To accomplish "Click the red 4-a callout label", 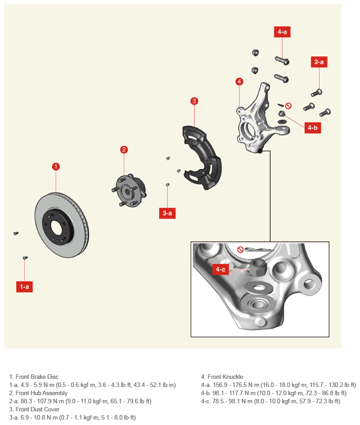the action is click(x=282, y=32).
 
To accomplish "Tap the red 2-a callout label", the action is click(x=319, y=62).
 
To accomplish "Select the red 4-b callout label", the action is click(x=312, y=128).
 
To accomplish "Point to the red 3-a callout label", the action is click(x=167, y=213).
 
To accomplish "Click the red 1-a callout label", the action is click(x=24, y=287).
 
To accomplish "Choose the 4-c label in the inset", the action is click(x=221, y=269).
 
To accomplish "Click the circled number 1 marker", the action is click(x=56, y=167).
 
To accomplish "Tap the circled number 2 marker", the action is click(x=124, y=150).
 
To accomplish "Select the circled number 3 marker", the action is click(x=194, y=101).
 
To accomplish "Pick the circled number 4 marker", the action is click(x=239, y=81).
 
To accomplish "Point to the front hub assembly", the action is click(x=130, y=191).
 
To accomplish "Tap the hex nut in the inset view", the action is click(x=258, y=267).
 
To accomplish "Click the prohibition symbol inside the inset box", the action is click(x=240, y=250).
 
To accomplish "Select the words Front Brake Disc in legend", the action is click(x=37, y=377).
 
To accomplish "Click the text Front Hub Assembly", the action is click(x=42, y=393).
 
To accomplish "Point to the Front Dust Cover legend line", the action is click(x=34, y=409).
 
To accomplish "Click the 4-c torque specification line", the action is click(x=270, y=401).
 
